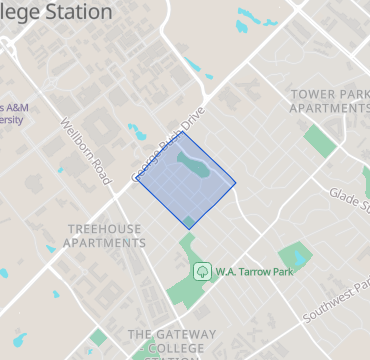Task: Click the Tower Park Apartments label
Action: [x=324, y=101]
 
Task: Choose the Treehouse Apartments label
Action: [x=104, y=235]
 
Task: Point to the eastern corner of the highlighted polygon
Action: [x=236, y=184]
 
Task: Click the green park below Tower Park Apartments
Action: [x=320, y=141]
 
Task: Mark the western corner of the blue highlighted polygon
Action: [x=136, y=181]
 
